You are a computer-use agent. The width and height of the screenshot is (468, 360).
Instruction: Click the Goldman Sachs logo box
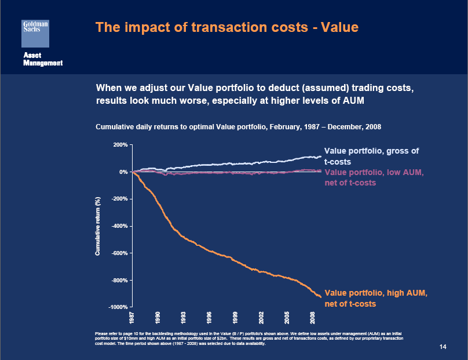[x=35, y=32]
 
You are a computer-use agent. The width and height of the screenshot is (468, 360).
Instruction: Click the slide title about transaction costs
[x=226, y=27]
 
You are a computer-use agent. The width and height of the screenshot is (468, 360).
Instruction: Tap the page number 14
[x=443, y=347]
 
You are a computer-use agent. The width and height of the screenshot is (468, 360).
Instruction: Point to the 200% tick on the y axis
[x=120, y=144]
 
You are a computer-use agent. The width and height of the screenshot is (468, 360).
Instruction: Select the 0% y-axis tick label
[x=123, y=172]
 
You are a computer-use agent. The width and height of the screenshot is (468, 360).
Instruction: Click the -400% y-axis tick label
[x=119, y=226]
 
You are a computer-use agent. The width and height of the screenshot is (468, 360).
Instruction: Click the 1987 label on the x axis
[x=133, y=318]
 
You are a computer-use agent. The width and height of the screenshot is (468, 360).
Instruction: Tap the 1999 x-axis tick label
[x=235, y=318]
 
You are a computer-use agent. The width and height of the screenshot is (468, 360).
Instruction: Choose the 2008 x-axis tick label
[x=313, y=318]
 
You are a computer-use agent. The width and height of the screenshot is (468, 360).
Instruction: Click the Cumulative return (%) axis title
[x=98, y=226]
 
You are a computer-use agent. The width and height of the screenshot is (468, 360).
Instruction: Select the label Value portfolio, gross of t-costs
[x=371, y=157]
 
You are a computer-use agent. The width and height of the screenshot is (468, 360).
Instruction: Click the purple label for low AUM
[x=374, y=177]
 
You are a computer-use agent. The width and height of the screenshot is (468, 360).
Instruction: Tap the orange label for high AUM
[x=375, y=299]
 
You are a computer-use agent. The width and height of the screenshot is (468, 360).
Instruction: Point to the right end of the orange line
[x=320, y=297]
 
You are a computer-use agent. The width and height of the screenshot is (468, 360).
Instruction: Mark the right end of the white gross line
[x=320, y=157]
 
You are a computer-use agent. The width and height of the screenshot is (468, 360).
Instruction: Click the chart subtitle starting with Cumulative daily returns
[x=237, y=126]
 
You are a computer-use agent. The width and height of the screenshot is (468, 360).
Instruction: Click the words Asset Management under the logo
[x=42, y=59]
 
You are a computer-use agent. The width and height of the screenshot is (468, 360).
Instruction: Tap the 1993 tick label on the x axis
[x=184, y=318]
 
